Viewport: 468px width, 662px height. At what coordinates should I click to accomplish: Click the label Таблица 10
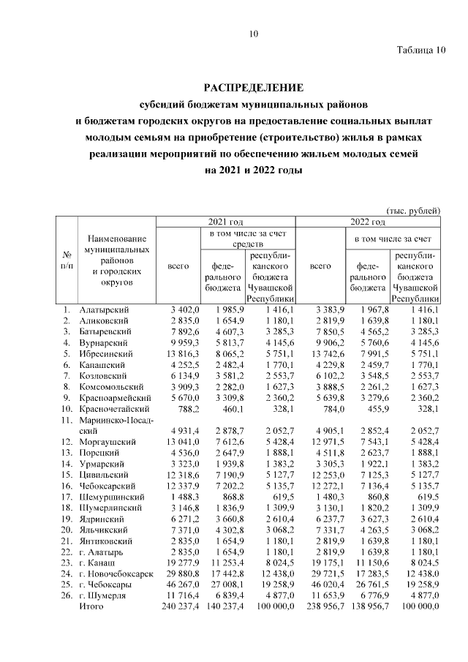pos(420,50)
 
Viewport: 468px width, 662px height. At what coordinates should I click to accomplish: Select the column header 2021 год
pos(227,222)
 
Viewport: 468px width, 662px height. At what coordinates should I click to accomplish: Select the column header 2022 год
pos(368,222)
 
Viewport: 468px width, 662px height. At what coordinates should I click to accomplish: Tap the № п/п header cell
pos(67,260)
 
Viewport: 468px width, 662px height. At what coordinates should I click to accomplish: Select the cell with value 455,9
pos(376,408)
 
